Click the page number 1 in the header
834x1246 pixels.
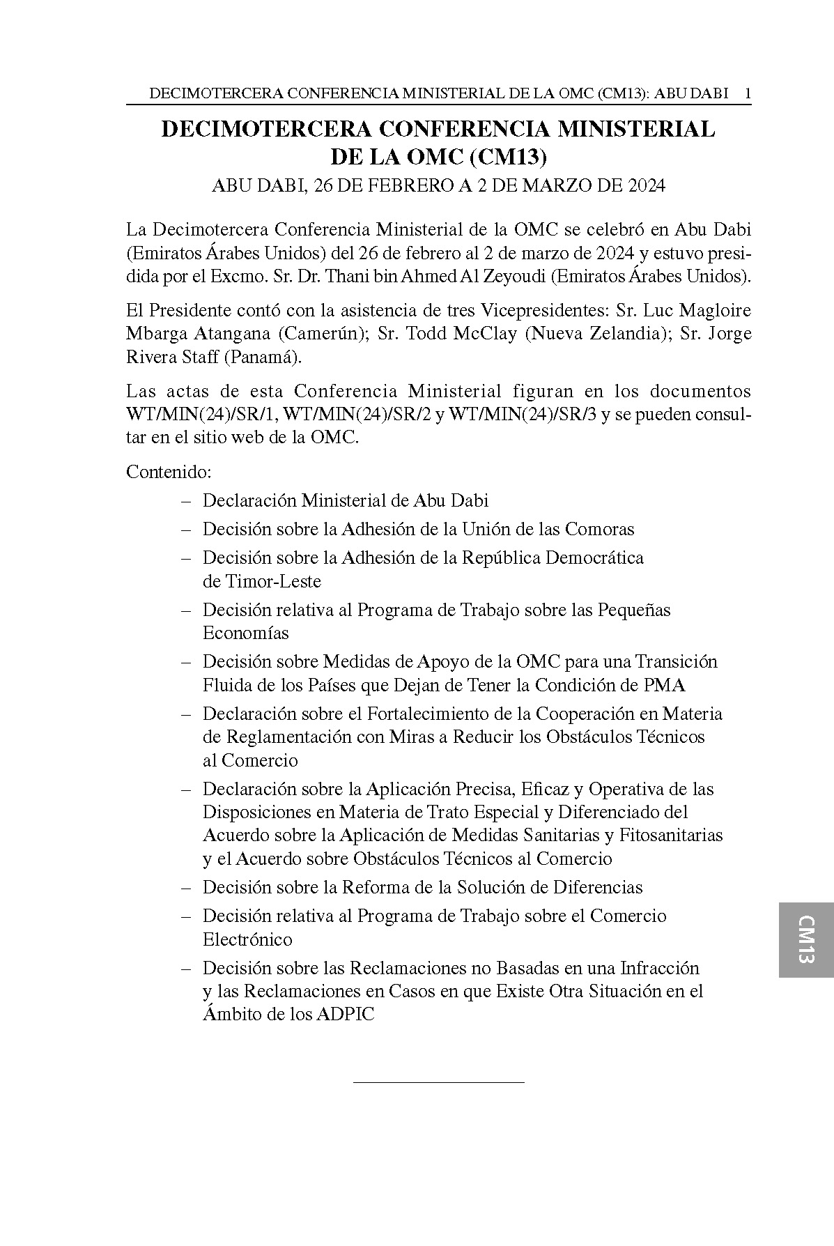coord(748,93)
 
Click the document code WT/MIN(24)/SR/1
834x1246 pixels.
coord(202,415)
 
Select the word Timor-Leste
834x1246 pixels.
coord(272,580)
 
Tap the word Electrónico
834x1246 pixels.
coord(247,939)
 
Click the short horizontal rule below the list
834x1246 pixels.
coord(438,1082)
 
